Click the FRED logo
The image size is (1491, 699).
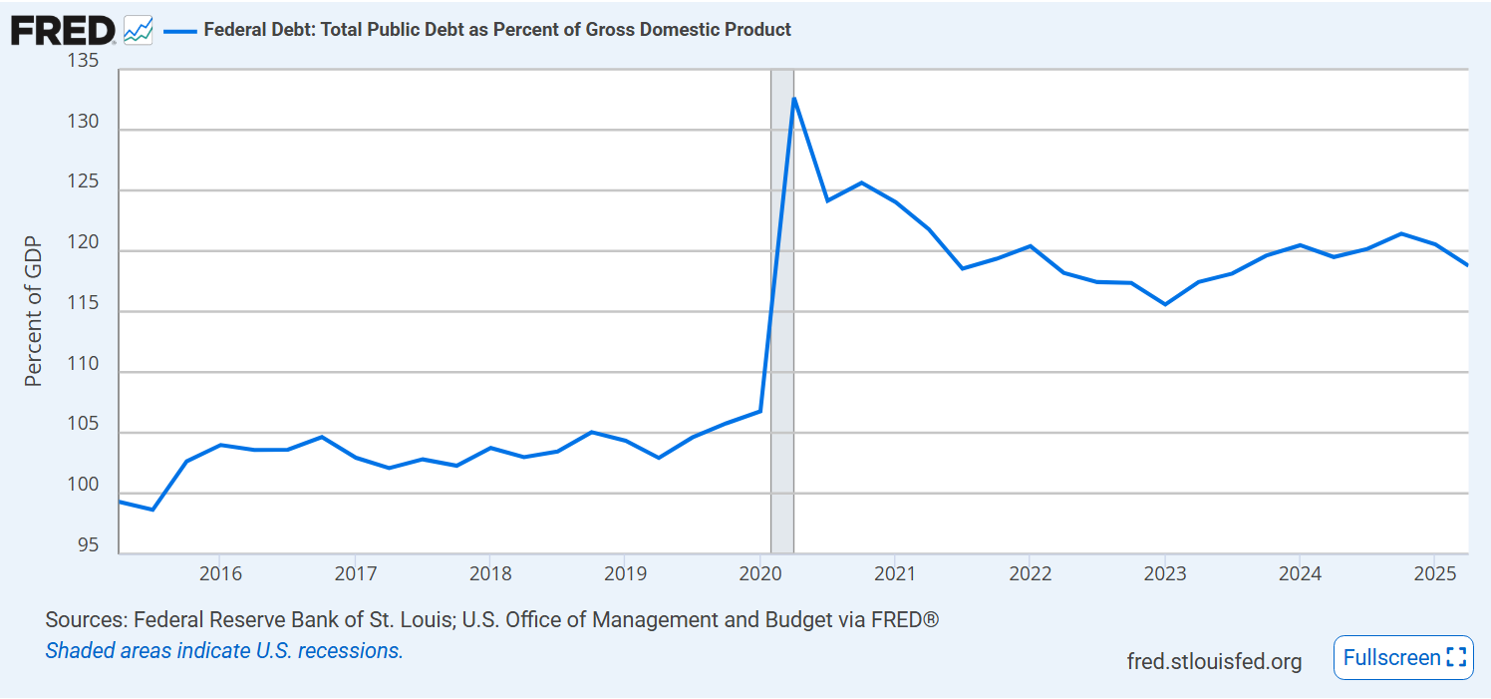[62, 31]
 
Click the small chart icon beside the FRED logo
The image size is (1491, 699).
[139, 31]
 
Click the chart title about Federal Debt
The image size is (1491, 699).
[497, 30]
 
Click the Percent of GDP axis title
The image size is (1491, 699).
[34, 311]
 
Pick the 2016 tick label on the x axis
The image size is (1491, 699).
[220, 574]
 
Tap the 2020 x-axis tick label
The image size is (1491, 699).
[760, 574]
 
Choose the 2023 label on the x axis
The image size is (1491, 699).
[1165, 574]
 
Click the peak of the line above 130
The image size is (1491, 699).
[793, 98]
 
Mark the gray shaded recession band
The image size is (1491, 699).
[782, 299]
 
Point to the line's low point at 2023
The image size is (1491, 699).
[1165, 304]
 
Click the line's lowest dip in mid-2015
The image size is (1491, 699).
[152, 510]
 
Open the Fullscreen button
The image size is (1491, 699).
[1403, 658]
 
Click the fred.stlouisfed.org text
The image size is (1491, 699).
[1214, 661]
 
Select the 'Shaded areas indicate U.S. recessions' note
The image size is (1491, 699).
[224, 651]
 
